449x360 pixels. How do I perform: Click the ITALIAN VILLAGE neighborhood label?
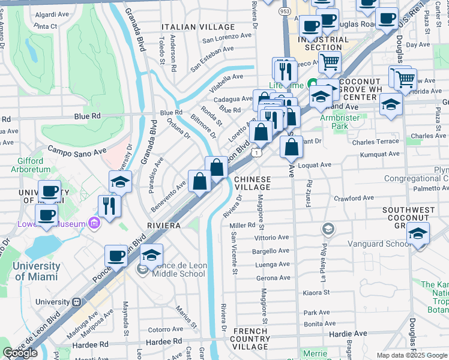coord(197,27)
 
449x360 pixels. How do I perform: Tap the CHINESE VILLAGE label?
coord(252,183)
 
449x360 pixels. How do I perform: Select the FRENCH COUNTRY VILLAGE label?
coord(250,339)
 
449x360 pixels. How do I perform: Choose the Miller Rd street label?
coord(243,225)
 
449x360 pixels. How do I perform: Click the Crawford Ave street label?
coord(354,198)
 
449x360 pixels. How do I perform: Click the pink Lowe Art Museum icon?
coord(93,224)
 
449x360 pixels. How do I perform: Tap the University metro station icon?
coord(76,302)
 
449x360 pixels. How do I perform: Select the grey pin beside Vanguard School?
coord(328,229)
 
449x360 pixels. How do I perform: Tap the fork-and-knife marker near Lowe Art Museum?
coord(109,206)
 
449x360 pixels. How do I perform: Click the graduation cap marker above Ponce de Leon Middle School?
coord(152,254)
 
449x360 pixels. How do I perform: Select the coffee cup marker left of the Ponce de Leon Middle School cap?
coord(116,256)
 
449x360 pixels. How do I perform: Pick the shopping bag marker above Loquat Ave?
coord(291,145)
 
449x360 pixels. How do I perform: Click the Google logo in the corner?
coord(20,353)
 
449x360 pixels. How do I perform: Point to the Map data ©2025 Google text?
coord(411,355)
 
